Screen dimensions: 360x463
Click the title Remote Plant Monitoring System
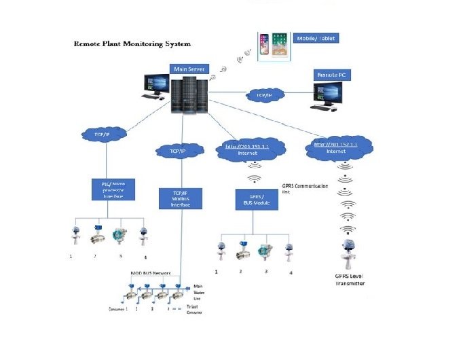pyautogui.click(x=132, y=43)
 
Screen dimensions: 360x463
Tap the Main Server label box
pyautogui.click(x=189, y=69)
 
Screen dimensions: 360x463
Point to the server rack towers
pyautogui.click(x=189, y=94)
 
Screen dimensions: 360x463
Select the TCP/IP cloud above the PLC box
pyautogui.click(x=105, y=134)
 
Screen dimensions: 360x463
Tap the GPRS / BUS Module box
pyautogui.click(x=252, y=202)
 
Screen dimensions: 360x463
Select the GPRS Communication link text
pyautogui.click(x=305, y=187)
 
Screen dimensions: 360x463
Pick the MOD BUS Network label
pyautogui.click(x=151, y=272)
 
